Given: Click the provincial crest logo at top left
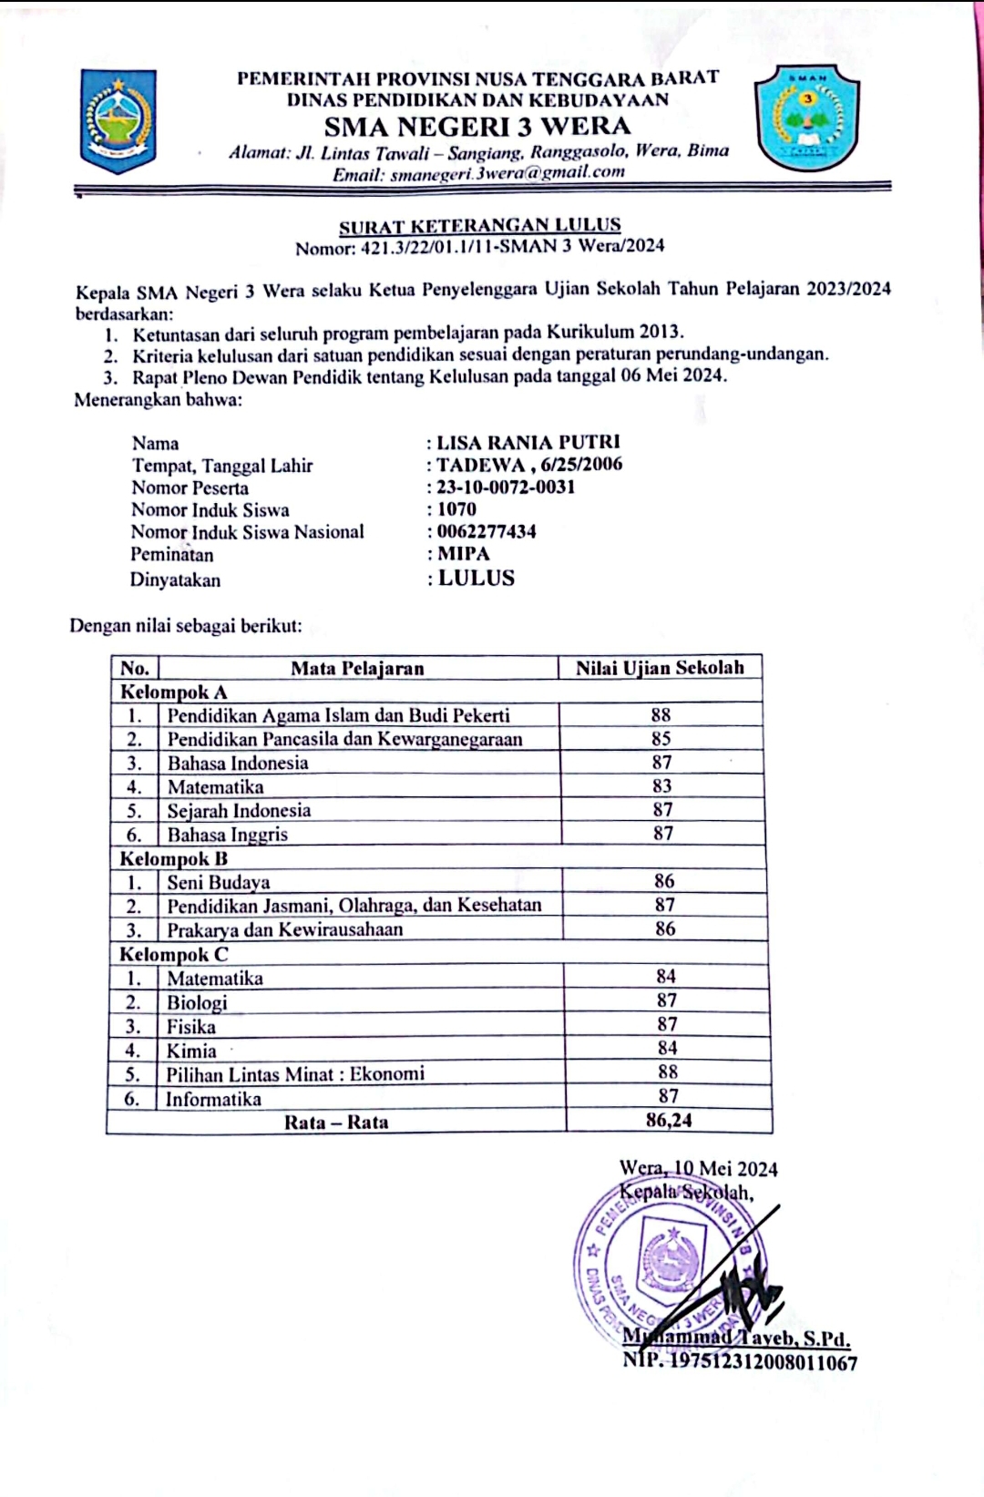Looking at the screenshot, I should coord(118,121).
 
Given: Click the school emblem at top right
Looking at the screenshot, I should coord(807,118).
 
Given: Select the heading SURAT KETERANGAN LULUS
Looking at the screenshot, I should coord(479,226).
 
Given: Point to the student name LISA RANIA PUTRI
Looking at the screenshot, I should coord(528,443).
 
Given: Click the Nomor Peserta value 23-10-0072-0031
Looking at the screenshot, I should coord(506,487).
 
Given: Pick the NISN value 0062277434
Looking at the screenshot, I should coord(487,531).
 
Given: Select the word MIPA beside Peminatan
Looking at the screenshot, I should coord(464,554).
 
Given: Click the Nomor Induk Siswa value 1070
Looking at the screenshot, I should coord(456,509).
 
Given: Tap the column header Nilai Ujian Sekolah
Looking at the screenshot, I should coord(660,668).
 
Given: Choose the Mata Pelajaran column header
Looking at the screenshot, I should coord(357,669).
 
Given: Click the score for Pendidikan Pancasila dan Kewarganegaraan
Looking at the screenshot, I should coord(661,739).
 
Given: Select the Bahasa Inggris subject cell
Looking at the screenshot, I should coord(227,835).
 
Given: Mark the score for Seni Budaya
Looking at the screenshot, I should coord(664,881).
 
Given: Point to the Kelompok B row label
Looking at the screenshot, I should coord(174,858).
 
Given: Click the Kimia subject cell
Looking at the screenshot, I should coord(191,1051).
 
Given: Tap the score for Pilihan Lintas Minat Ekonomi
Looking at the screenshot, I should coord(668,1072).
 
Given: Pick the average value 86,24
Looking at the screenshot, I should coord(669,1121).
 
